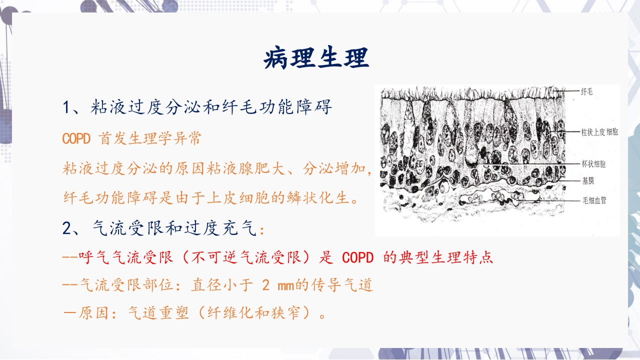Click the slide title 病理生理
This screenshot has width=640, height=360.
coord(316,58)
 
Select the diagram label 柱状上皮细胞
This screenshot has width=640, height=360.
coord(599,132)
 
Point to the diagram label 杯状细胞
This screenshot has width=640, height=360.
coord(593,164)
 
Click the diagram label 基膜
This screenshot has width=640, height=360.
coord(587,180)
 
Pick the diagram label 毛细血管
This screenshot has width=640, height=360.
coord(593,200)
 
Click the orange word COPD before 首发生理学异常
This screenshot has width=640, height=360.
coord(76,139)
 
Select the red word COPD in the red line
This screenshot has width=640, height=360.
coord(358,258)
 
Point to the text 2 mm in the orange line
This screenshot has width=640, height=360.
coord(278,285)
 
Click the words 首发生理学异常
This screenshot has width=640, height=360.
coord(150,139)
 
